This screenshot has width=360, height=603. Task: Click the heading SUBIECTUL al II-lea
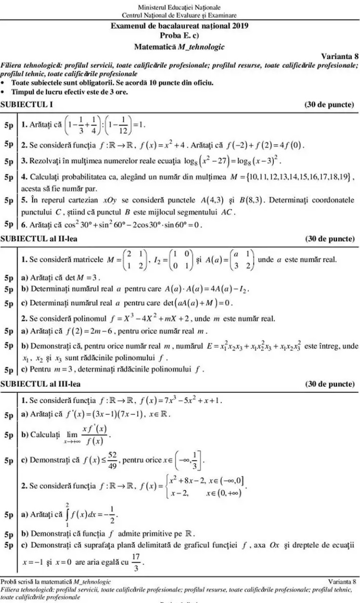[x=39, y=239]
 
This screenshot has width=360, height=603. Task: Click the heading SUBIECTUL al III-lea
[x=41, y=384]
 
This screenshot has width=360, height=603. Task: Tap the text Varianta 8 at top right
[x=339, y=56]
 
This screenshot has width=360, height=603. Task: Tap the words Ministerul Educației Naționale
[x=179, y=7]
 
